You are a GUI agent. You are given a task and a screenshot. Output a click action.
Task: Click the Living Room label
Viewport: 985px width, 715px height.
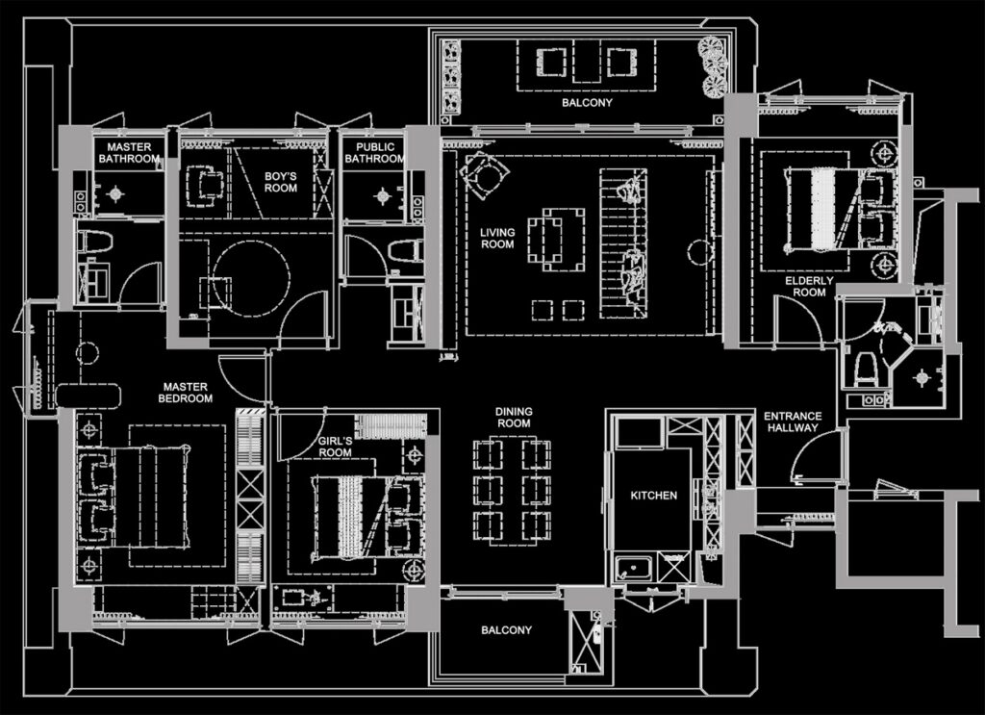click(x=497, y=238)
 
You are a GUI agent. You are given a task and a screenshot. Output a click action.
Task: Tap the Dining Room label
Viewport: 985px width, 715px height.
click(x=514, y=418)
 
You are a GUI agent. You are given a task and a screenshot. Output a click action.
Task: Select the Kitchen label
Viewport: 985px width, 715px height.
click(x=654, y=495)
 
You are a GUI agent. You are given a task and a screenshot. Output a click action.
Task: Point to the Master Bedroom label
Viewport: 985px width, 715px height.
click(x=186, y=393)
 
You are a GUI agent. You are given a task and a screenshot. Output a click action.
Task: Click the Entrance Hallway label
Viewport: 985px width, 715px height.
click(x=793, y=421)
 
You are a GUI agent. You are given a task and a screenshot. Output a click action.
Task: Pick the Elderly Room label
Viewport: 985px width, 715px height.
click(x=809, y=287)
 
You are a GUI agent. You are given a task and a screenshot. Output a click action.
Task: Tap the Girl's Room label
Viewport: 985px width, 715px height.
click(x=335, y=447)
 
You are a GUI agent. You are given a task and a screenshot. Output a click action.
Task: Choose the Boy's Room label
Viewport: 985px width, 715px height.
click(x=280, y=182)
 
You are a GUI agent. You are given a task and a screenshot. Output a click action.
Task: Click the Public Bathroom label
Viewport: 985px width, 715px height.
click(x=374, y=153)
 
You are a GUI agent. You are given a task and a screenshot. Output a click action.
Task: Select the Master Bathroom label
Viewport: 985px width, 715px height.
click(x=129, y=153)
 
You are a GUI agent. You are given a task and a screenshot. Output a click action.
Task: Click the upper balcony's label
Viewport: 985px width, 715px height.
click(x=587, y=102)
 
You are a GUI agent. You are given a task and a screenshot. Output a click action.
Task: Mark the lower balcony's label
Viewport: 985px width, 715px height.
click(x=506, y=629)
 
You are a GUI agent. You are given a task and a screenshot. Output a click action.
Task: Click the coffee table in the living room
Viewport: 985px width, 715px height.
click(x=556, y=240)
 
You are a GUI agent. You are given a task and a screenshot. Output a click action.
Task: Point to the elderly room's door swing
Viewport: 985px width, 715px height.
click(x=797, y=320)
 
